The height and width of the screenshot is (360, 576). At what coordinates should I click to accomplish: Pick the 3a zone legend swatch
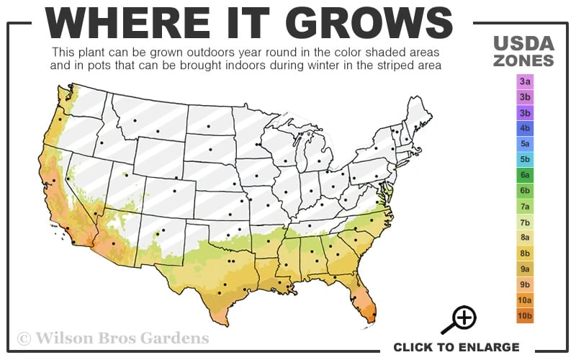[x=525, y=81]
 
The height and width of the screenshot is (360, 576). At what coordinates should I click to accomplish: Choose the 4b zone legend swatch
[x=525, y=128]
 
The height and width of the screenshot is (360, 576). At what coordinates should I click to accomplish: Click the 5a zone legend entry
[x=525, y=144]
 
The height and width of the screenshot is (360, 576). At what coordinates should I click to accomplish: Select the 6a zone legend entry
[x=525, y=175]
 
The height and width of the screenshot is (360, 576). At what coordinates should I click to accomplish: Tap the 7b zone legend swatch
[x=525, y=222]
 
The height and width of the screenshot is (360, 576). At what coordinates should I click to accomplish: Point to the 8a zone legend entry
[x=525, y=238]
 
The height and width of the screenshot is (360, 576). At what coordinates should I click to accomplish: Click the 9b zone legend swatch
[x=525, y=284]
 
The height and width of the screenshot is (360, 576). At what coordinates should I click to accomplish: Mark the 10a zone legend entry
[x=525, y=300]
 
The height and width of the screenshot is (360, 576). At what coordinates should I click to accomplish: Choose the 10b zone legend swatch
[x=525, y=316]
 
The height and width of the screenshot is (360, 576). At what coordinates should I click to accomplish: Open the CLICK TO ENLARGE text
[x=456, y=347]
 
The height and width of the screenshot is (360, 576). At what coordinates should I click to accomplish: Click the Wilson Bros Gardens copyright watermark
[x=113, y=338]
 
